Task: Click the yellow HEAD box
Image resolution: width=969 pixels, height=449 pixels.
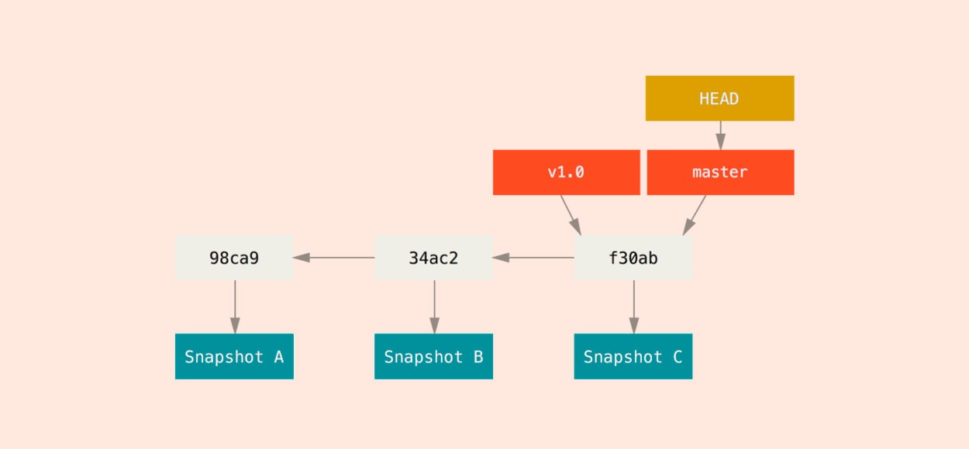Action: [x=720, y=98]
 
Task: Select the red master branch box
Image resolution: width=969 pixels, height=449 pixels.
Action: [x=720, y=173]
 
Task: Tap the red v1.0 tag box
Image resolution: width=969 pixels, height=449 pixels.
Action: [x=566, y=173]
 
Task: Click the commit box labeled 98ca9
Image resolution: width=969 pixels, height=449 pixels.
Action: [x=234, y=258]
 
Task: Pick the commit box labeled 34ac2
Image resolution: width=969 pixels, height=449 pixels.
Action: [x=433, y=258]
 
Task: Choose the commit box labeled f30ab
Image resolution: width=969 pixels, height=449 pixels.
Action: [x=633, y=258]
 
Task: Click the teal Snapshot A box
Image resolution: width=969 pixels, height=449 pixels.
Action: [x=234, y=357]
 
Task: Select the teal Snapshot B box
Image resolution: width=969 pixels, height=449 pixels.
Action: [x=433, y=357]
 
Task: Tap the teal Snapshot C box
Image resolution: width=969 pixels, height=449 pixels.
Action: [x=633, y=357]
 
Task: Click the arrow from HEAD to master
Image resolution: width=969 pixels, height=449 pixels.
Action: [x=720, y=135]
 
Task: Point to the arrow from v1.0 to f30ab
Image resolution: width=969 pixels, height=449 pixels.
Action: [x=571, y=215]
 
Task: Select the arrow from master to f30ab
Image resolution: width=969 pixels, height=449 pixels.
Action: [x=695, y=215]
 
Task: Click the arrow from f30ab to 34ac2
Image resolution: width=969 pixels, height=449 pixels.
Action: [x=533, y=258]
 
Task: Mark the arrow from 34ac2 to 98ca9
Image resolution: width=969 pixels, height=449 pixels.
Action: [x=334, y=258]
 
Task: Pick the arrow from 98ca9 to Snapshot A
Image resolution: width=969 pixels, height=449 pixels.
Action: [x=235, y=307]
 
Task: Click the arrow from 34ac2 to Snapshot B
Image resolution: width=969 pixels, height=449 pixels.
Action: [x=434, y=307]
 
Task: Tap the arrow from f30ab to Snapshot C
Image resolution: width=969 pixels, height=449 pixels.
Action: [x=634, y=307]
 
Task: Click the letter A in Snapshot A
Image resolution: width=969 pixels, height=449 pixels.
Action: [x=279, y=357]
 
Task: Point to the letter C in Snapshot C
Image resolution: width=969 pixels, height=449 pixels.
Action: [x=678, y=357]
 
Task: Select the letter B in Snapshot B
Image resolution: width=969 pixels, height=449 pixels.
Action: [x=478, y=357]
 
